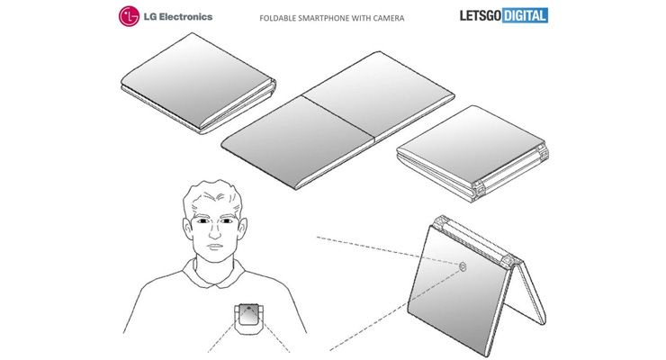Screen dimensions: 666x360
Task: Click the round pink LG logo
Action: [x=129, y=16]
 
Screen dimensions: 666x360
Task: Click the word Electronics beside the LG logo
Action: [x=185, y=17]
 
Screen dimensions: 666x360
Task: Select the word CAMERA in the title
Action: [x=389, y=18]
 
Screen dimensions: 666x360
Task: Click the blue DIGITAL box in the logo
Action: [x=525, y=15]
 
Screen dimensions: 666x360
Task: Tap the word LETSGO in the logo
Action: [x=481, y=15]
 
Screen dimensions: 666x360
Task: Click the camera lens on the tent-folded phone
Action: [x=463, y=266]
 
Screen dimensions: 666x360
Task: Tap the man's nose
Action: [x=214, y=231]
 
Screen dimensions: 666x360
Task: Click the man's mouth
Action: [x=214, y=247]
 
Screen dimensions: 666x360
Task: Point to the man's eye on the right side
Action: [x=226, y=221]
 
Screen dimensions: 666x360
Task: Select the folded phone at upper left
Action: [x=198, y=84]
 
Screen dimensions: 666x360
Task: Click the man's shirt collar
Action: [x=215, y=275]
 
